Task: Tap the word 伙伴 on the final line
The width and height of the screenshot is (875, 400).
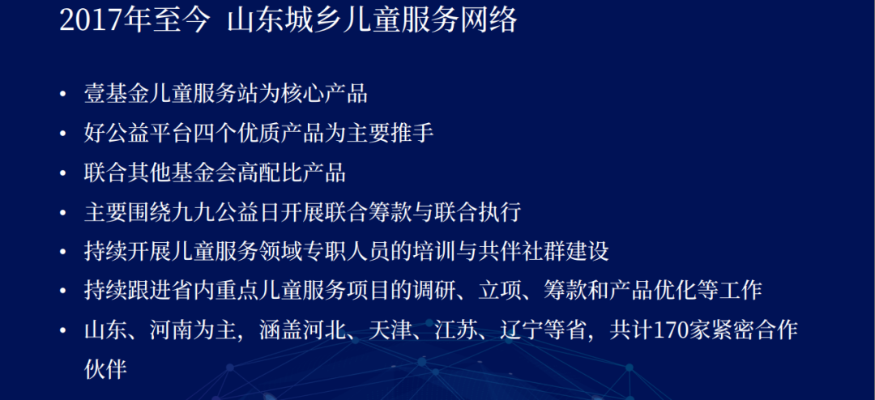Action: tap(105, 369)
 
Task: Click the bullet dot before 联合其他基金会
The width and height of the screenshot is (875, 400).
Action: tap(63, 173)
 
